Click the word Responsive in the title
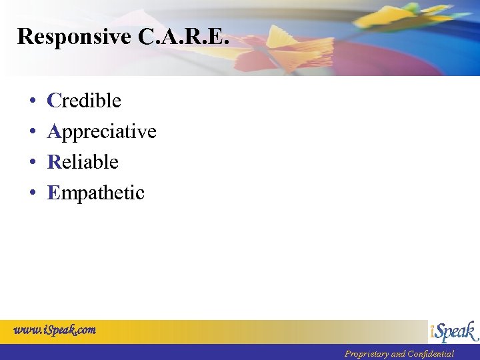tap(75, 37)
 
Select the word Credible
tap(84, 101)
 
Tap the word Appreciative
tap(101, 131)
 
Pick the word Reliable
tap(83, 162)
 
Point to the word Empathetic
tap(95, 193)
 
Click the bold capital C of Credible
tap(54, 101)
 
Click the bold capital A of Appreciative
tap(54, 131)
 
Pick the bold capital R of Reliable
tap(54, 162)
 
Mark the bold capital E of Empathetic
tap(53, 193)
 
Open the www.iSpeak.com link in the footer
tap(55, 330)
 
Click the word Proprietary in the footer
tap(366, 354)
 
